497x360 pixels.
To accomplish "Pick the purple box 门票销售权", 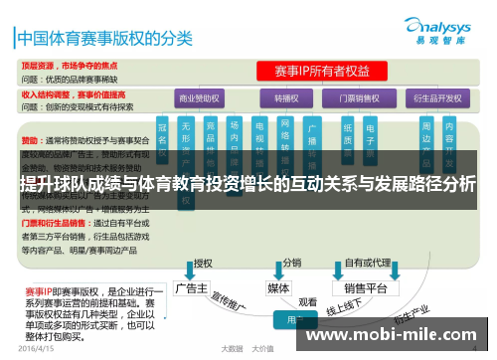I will [x=362, y=99].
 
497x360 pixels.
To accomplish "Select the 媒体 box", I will [x=279, y=287].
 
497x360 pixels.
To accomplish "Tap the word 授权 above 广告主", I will [x=203, y=264].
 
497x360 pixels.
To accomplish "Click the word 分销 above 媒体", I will [x=291, y=264].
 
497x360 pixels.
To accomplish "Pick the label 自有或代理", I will [x=366, y=264].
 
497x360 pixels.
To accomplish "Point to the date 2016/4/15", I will [x=35, y=349].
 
